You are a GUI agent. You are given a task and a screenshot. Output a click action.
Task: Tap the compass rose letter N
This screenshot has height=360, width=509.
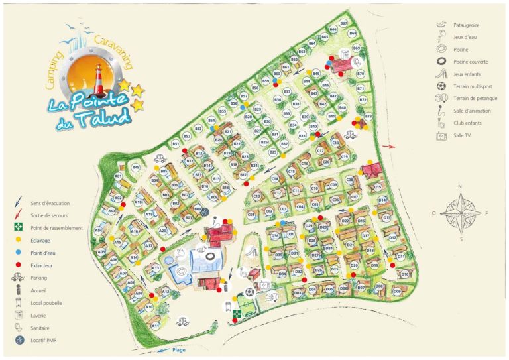point(460,188)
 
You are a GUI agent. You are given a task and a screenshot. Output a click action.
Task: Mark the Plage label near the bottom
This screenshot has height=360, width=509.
point(179,350)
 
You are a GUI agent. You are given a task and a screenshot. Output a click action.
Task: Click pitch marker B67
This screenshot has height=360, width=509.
point(343,23)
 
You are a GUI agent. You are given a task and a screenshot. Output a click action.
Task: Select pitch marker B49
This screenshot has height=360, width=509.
point(136,168)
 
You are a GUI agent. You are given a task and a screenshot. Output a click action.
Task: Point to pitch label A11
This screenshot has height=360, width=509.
point(155,326)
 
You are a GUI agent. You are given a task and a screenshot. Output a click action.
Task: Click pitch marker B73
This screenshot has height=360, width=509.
point(368,116)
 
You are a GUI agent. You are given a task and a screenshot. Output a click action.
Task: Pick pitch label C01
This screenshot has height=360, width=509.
point(251,215)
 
